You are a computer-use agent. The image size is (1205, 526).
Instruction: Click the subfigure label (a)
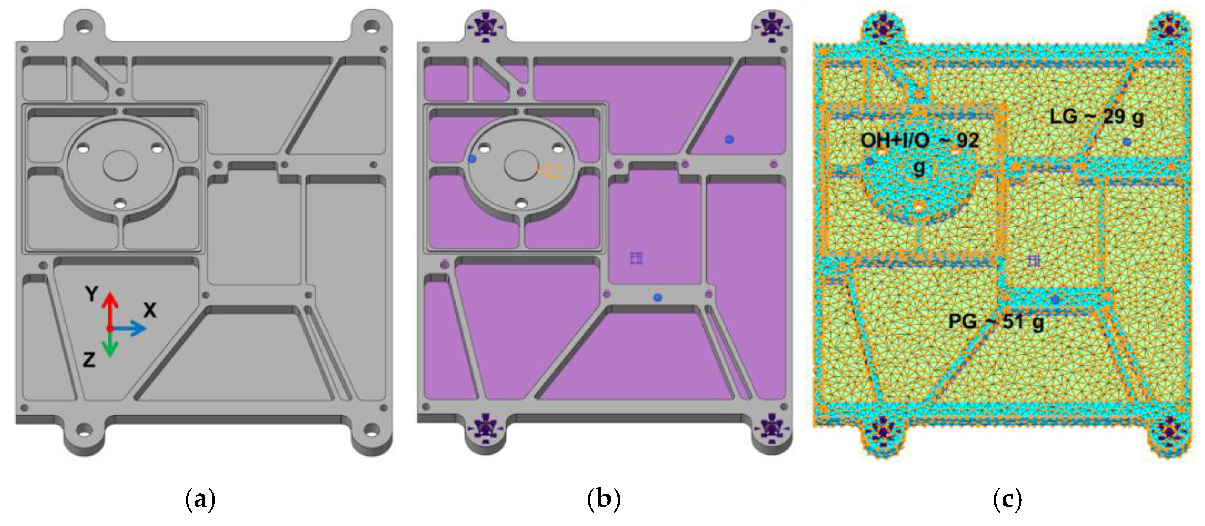pyautogui.click(x=200, y=499)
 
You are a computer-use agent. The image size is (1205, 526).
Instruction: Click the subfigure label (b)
pyautogui.click(x=604, y=499)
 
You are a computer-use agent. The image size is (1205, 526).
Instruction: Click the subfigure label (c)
pyautogui.click(x=1007, y=499)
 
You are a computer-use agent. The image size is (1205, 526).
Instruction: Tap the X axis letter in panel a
pyautogui.click(x=150, y=310)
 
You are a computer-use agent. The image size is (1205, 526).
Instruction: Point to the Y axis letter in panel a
pyautogui.click(x=92, y=294)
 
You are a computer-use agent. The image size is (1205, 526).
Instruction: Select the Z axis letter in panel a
pyautogui.click(x=89, y=360)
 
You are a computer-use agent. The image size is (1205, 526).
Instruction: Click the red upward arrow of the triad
pyautogui.click(x=110, y=309)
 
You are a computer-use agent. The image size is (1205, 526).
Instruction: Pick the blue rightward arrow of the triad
pyautogui.click(x=131, y=328)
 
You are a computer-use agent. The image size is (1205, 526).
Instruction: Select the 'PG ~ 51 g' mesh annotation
pyautogui.click(x=996, y=322)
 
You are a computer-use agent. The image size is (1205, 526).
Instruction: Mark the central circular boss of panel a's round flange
pyautogui.click(x=120, y=165)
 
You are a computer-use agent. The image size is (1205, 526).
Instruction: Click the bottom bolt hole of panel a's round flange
pyautogui.click(x=120, y=204)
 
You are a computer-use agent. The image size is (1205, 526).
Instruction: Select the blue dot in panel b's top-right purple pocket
pyautogui.click(x=729, y=140)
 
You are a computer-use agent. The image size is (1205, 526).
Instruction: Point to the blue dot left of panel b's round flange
pyautogui.click(x=472, y=159)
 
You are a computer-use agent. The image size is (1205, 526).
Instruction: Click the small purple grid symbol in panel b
pyautogui.click(x=636, y=258)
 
